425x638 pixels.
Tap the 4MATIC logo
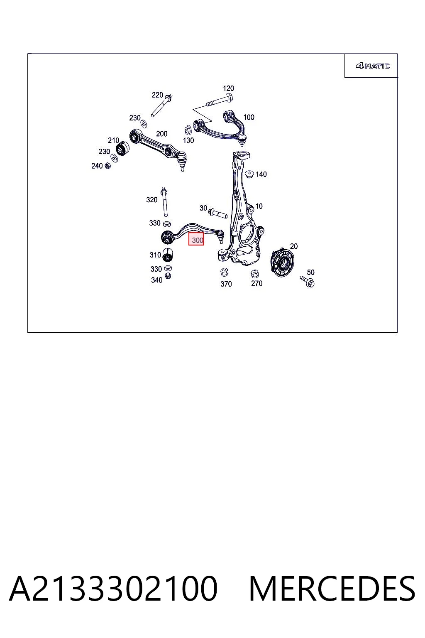click(x=373, y=66)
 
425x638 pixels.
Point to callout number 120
click(x=228, y=88)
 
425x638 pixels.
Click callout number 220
click(x=157, y=95)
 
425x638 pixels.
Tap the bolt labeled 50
click(x=307, y=281)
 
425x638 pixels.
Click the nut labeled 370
click(x=224, y=272)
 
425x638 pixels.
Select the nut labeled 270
click(x=254, y=274)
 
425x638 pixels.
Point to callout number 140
click(x=261, y=174)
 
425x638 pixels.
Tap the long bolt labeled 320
click(x=164, y=202)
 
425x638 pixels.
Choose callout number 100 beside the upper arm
click(x=249, y=117)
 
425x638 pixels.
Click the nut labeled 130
click(x=188, y=130)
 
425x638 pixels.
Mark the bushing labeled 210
click(x=122, y=148)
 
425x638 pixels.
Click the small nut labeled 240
click(x=107, y=165)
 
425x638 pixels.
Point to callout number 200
click(x=162, y=134)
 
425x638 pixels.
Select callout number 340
click(x=156, y=280)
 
